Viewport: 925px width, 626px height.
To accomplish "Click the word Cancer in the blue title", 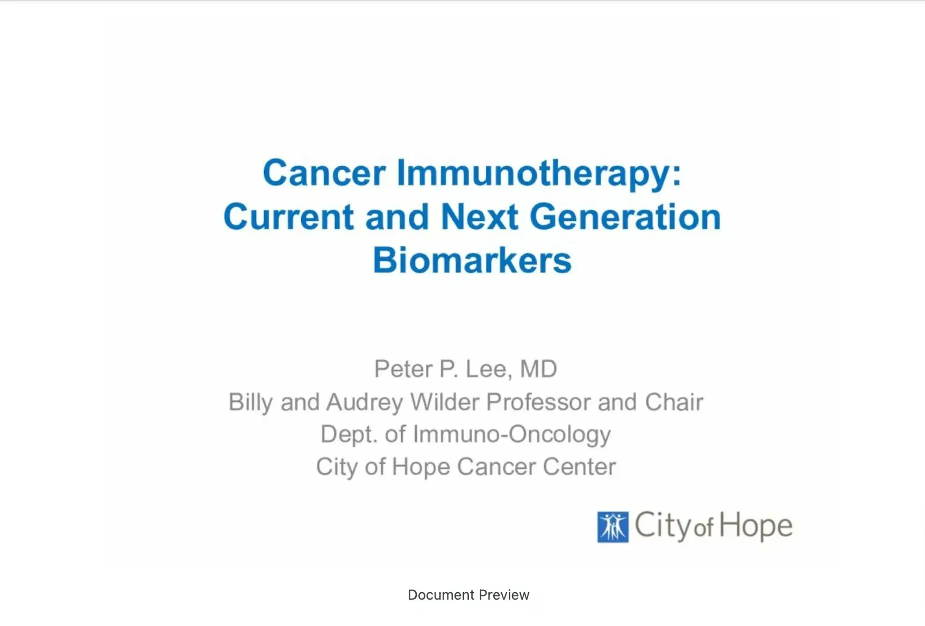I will [324, 173].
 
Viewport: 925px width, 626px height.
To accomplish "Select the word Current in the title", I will [288, 217].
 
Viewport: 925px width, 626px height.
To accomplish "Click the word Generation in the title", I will [625, 217].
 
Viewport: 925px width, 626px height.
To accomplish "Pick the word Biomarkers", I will [472, 261].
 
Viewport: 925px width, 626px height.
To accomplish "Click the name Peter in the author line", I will [403, 369].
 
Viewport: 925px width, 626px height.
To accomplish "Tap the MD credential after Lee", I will [538, 369].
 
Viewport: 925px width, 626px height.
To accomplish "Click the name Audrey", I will [364, 403].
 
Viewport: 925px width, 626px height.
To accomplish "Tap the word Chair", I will [674, 402].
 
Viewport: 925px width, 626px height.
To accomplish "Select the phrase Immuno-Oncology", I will [511, 435].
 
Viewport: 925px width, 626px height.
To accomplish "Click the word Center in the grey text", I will [579, 467].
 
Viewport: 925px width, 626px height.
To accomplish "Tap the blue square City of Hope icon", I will [613, 527].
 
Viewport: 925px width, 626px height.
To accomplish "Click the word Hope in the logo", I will [756, 526].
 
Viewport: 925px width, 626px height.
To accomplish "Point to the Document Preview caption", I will [468, 595].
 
